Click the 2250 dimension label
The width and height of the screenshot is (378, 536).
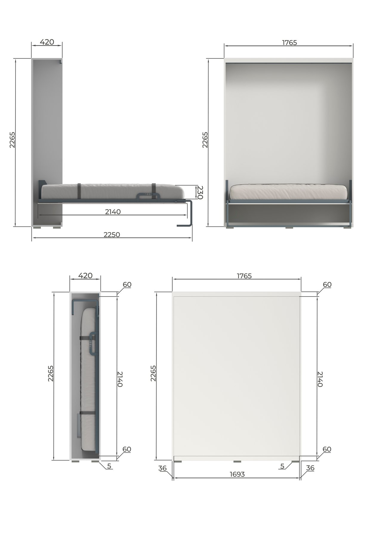click(x=112, y=235)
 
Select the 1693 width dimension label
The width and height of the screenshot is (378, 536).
click(x=237, y=474)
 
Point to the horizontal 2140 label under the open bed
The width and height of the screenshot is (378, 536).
click(x=113, y=212)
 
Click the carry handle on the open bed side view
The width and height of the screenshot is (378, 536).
click(x=148, y=196)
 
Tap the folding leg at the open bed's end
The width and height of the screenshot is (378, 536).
click(x=187, y=214)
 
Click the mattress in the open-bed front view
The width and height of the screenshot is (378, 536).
click(x=288, y=192)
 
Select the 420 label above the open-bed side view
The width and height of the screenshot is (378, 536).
click(x=47, y=42)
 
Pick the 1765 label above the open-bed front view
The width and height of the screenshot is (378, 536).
click(x=289, y=43)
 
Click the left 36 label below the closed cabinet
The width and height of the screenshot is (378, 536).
click(x=162, y=468)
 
